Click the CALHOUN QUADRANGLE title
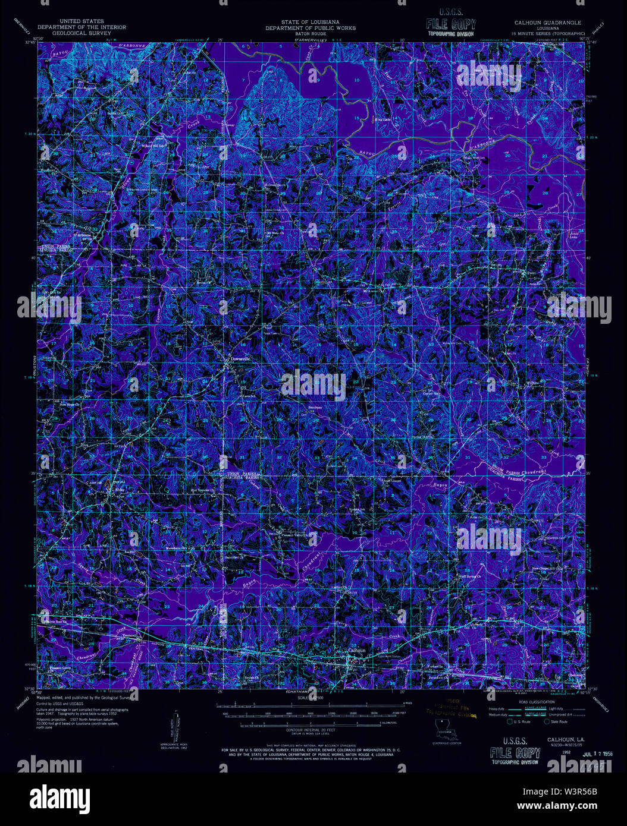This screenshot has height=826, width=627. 548,22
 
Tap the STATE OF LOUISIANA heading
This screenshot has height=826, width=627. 311,22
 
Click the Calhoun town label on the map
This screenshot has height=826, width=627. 356,651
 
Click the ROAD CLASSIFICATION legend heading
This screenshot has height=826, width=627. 531,701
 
